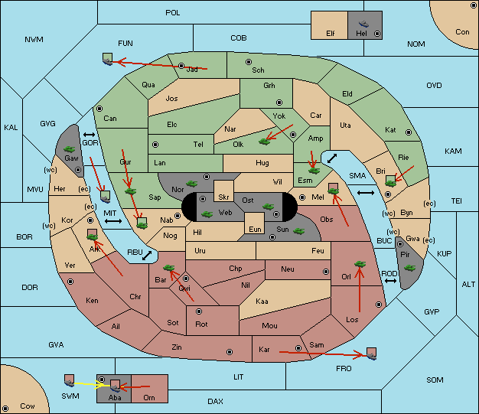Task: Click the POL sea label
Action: pyautogui.click(x=173, y=13)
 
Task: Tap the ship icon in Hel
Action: pyautogui.click(x=363, y=24)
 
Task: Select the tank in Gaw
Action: pyautogui.click(x=70, y=149)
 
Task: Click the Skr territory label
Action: pyautogui.click(x=223, y=197)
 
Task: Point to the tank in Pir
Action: pyautogui.click(x=409, y=268)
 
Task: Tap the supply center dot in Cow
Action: pyautogui.click(x=5, y=408)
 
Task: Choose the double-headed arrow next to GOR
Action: pyautogui.click(x=89, y=135)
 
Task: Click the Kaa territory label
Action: pyautogui.click(x=262, y=302)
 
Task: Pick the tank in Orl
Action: pyautogui.click(x=360, y=264)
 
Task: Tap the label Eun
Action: pyautogui.click(x=255, y=229)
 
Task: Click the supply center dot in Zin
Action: pyautogui.click(x=230, y=352)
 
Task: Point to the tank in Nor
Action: pyautogui.click(x=192, y=184)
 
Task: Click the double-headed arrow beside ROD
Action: pyautogui.click(x=390, y=281)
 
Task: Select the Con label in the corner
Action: pyautogui.click(x=462, y=32)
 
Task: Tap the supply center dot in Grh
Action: pyautogui.click(x=279, y=103)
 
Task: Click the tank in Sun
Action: pyautogui.click(x=298, y=231)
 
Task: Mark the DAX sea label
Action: pyautogui.click(x=215, y=401)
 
